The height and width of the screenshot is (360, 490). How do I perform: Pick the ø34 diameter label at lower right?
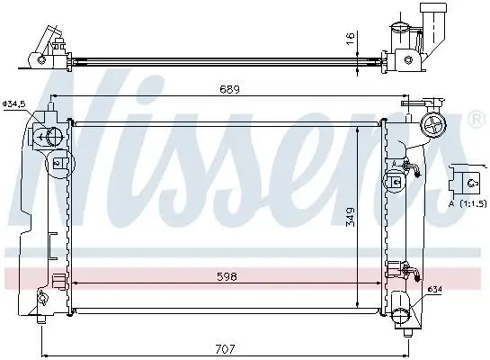tap(434, 289)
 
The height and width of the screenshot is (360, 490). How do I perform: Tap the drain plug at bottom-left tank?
tap(41, 316)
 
